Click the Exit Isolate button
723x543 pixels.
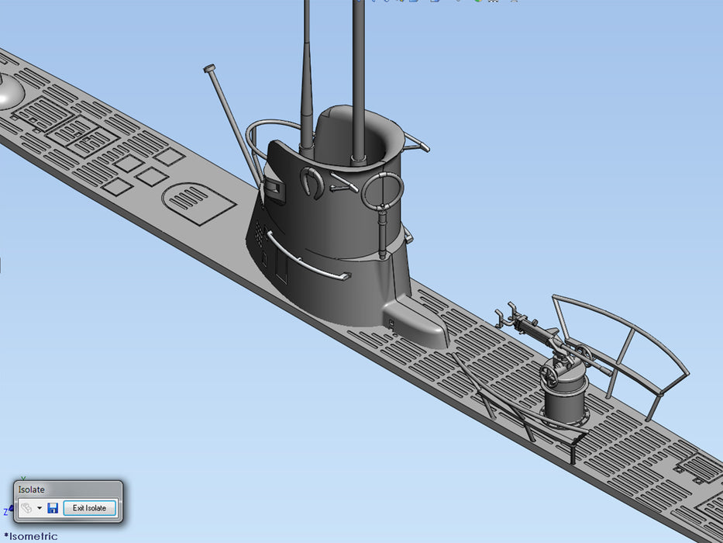pyautogui.click(x=89, y=508)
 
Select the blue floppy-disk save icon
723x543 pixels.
pyautogui.click(x=53, y=508)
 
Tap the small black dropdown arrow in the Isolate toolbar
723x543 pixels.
pyautogui.click(x=40, y=508)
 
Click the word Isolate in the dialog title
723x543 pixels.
pyautogui.click(x=32, y=489)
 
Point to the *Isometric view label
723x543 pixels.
pyautogui.click(x=31, y=536)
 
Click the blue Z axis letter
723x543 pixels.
pyautogui.click(x=5, y=512)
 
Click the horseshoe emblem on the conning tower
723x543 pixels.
pyautogui.click(x=312, y=182)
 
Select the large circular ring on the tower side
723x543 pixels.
pyautogui.click(x=382, y=191)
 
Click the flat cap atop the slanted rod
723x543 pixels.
pyautogui.click(x=209, y=69)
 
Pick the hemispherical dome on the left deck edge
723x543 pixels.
pyautogui.click(x=9, y=93)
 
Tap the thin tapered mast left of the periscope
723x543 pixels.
pyautogui.click(x=307, y=85)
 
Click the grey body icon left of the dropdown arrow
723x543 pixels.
pyautogui.click(x=26, y=508)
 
